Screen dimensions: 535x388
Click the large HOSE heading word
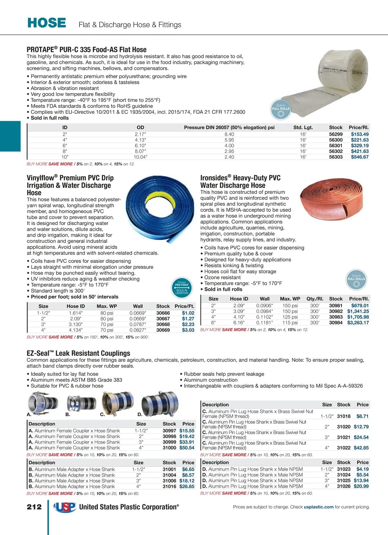pyautogui.click(x=47, y=23)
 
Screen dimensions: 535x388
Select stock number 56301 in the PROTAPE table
pyautogui.click(x=336, y=145)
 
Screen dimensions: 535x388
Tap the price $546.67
pyautogui.click(x=360, y=157)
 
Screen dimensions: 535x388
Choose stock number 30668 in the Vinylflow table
pyautogui.click(x=163, y=324)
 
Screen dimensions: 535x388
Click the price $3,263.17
pyautogui.click(x=358, y=323)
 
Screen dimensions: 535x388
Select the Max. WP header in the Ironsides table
pyautogui.click(x=290, y=299)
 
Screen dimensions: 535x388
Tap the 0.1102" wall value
pyautogui.click(x=264, y=317)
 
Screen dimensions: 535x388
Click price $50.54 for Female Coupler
pyautogui.click(x=187, y=448)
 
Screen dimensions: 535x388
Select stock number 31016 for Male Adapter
pyautogui.click(x=169, y=486)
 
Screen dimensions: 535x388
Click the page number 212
pyautogui.click(x=34, y=507)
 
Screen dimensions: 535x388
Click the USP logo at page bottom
pyautogui.click(x=65, y=507)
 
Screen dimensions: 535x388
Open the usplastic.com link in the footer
pyautogui.click(x=318, y=507)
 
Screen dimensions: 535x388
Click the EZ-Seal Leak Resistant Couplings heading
pyautogui.click(x=79, y=353)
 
